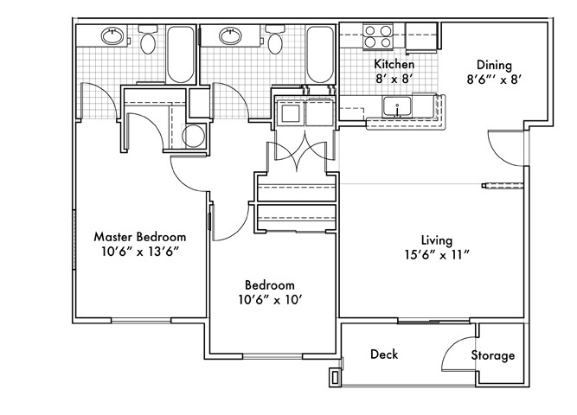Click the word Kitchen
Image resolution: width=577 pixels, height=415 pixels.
tap(394, 65)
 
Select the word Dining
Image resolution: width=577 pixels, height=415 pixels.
tap(495, 65)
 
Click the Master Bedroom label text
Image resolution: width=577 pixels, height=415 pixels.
tap(139, 236)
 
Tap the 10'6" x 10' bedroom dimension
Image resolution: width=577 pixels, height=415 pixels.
tap(269, 300)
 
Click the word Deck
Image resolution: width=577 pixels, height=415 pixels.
tap(383, 354)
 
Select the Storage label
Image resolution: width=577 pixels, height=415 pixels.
tap(493, 355)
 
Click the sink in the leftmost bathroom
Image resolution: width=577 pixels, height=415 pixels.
tap(112, 36)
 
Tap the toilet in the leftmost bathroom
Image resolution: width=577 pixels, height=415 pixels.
tap(148, 43)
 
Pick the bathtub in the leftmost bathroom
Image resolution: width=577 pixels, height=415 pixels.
tap(181, 54)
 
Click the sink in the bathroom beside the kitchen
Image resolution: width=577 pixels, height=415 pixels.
tap(230, 36)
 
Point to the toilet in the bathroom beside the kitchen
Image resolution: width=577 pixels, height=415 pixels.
tap(275, 43)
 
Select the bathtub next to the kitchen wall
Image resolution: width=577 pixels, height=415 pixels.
tap(320, 54)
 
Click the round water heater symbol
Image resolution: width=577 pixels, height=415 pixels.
tap(196, 135)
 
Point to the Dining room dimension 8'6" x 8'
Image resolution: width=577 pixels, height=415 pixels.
tap(496, 79)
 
